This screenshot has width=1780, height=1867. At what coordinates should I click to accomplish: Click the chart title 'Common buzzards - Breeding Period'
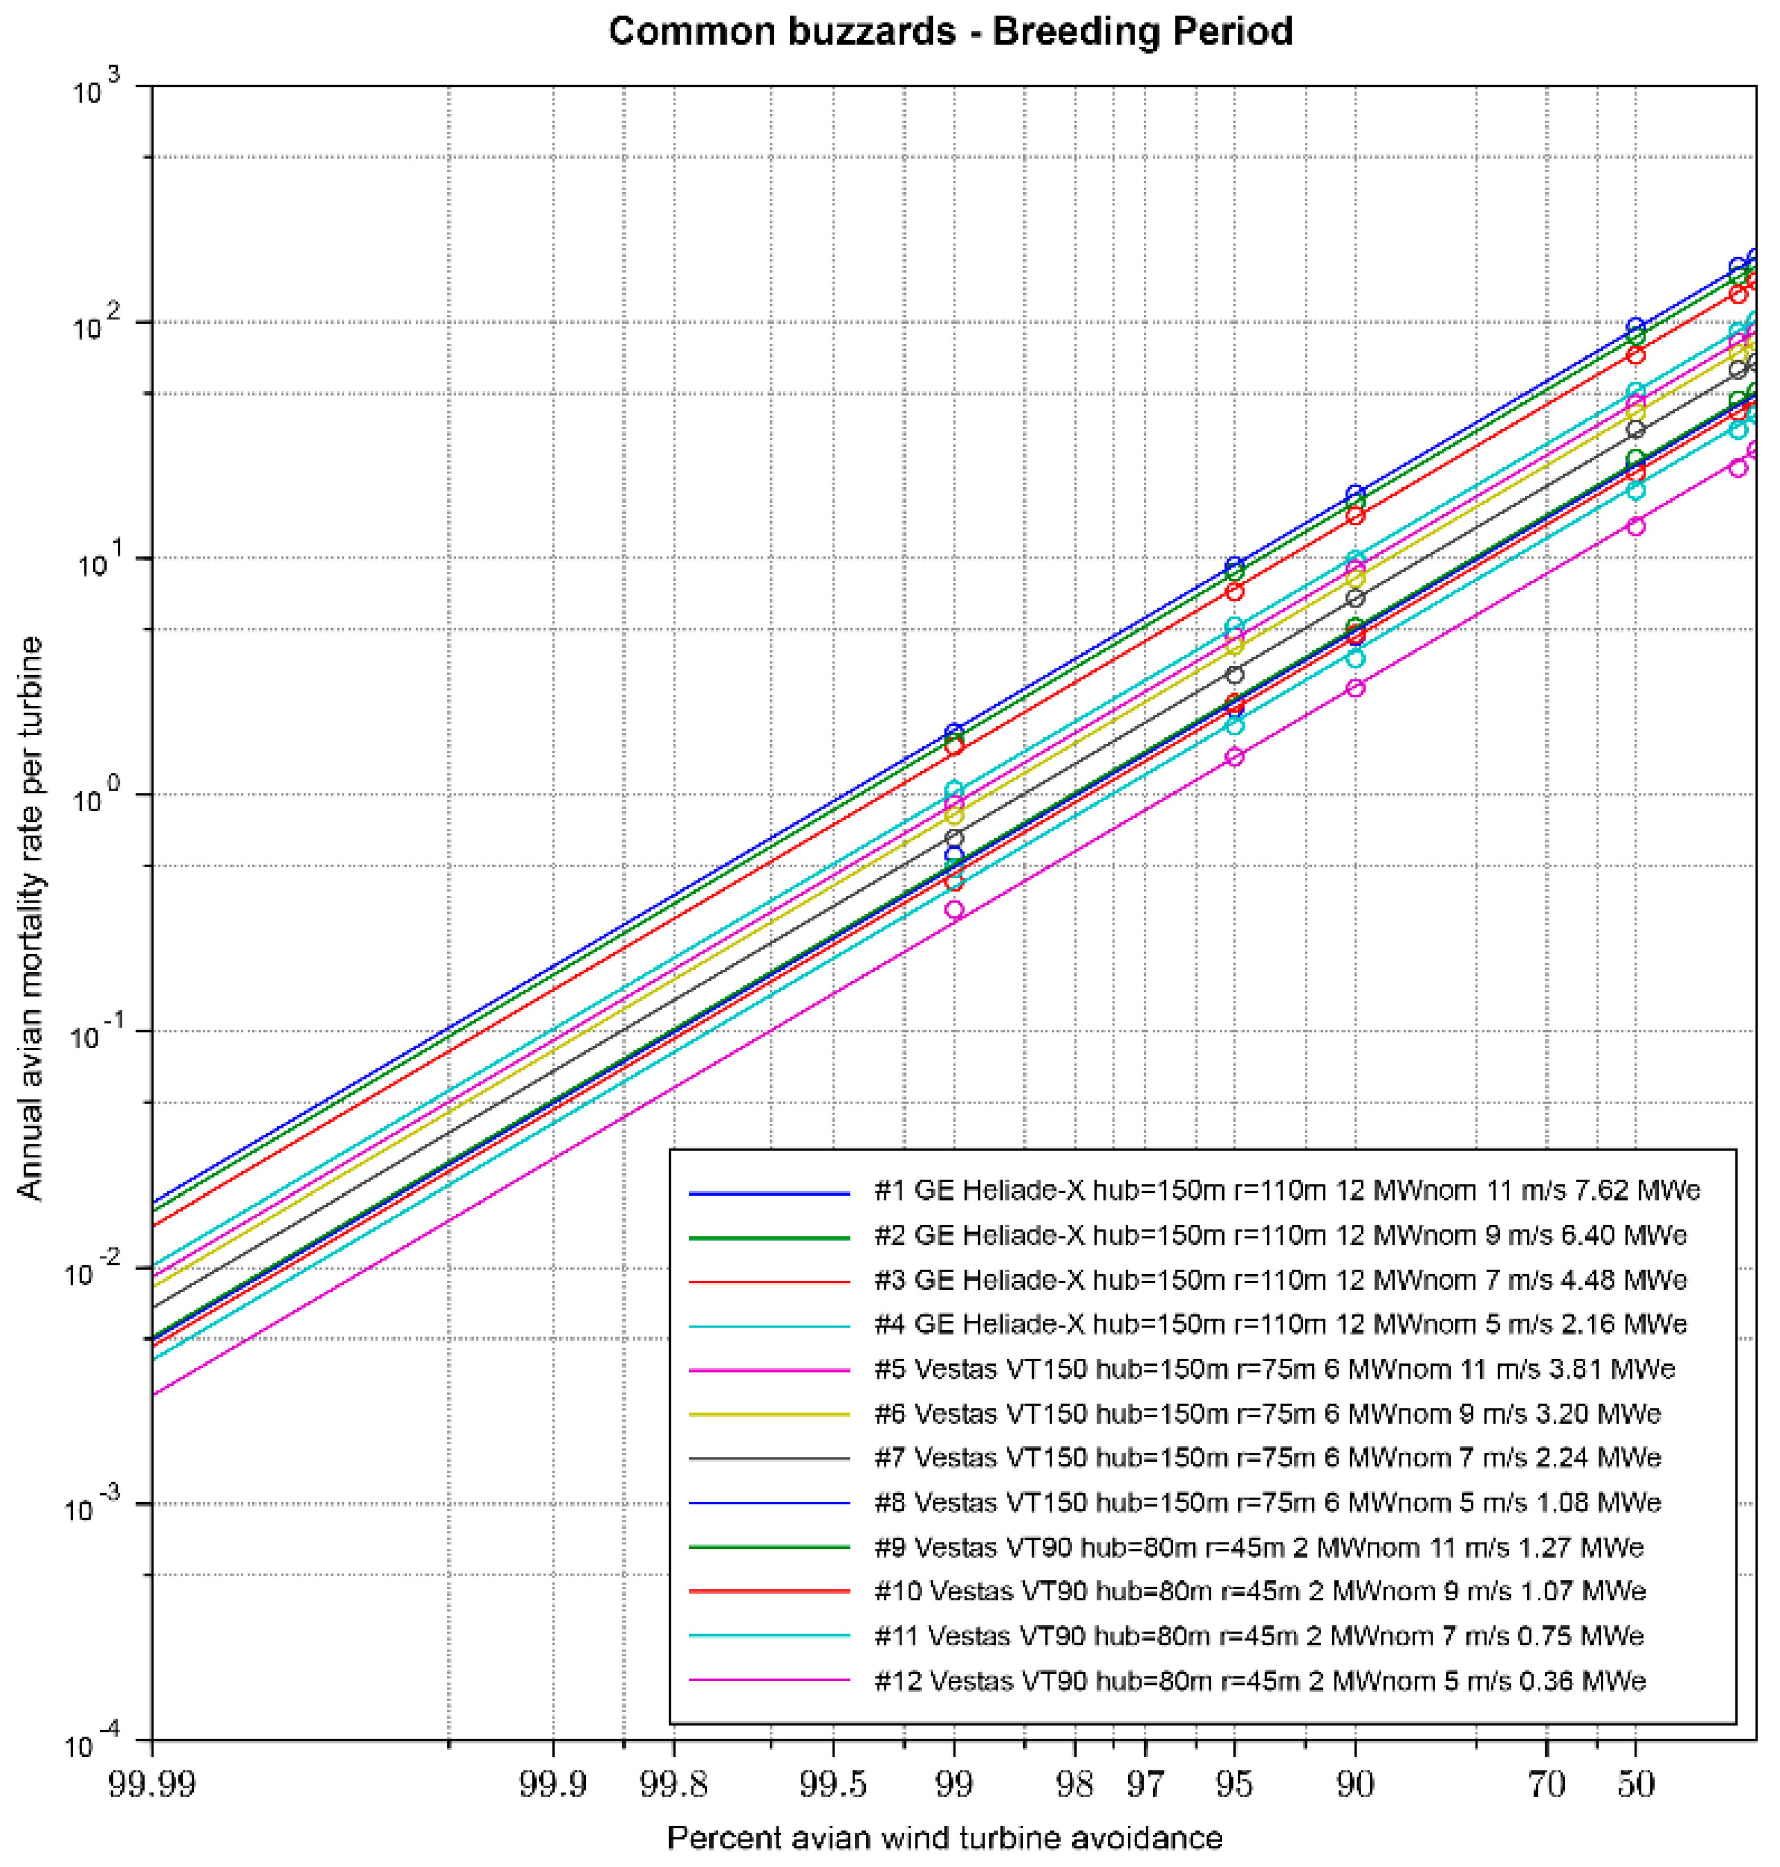pos(950,31)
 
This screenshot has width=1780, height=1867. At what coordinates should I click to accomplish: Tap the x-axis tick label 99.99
pos(152,1784)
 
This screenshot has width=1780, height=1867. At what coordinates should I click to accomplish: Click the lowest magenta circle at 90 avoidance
pos(1355,688)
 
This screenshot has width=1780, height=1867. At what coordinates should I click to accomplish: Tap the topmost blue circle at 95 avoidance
pos(1234,566)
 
